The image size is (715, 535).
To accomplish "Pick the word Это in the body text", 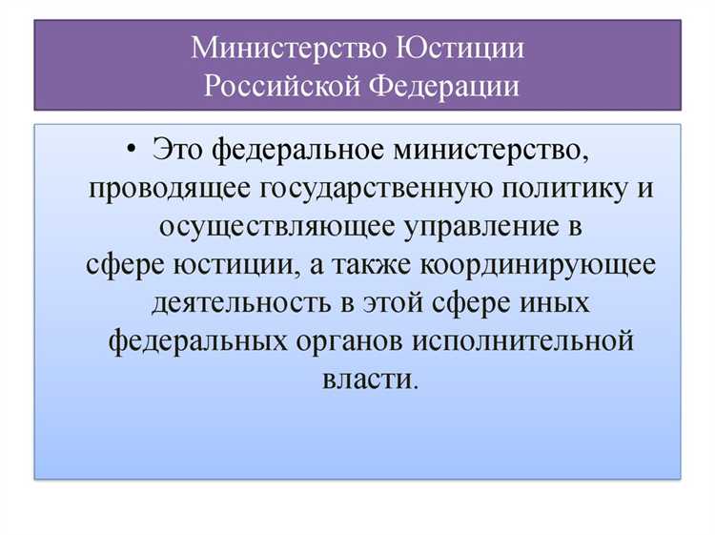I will [178, 149].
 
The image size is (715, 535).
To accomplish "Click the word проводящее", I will [169, 187].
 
